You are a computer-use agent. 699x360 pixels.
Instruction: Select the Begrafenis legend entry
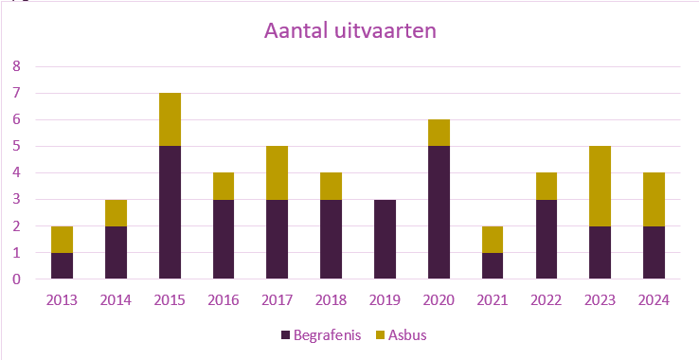(x=319, y=334)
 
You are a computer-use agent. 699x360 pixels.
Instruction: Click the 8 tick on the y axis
(x=16, y=66)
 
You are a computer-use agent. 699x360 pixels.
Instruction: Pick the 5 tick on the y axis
(x=16, y=146)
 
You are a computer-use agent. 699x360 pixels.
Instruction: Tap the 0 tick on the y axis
(x=16, y=279)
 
